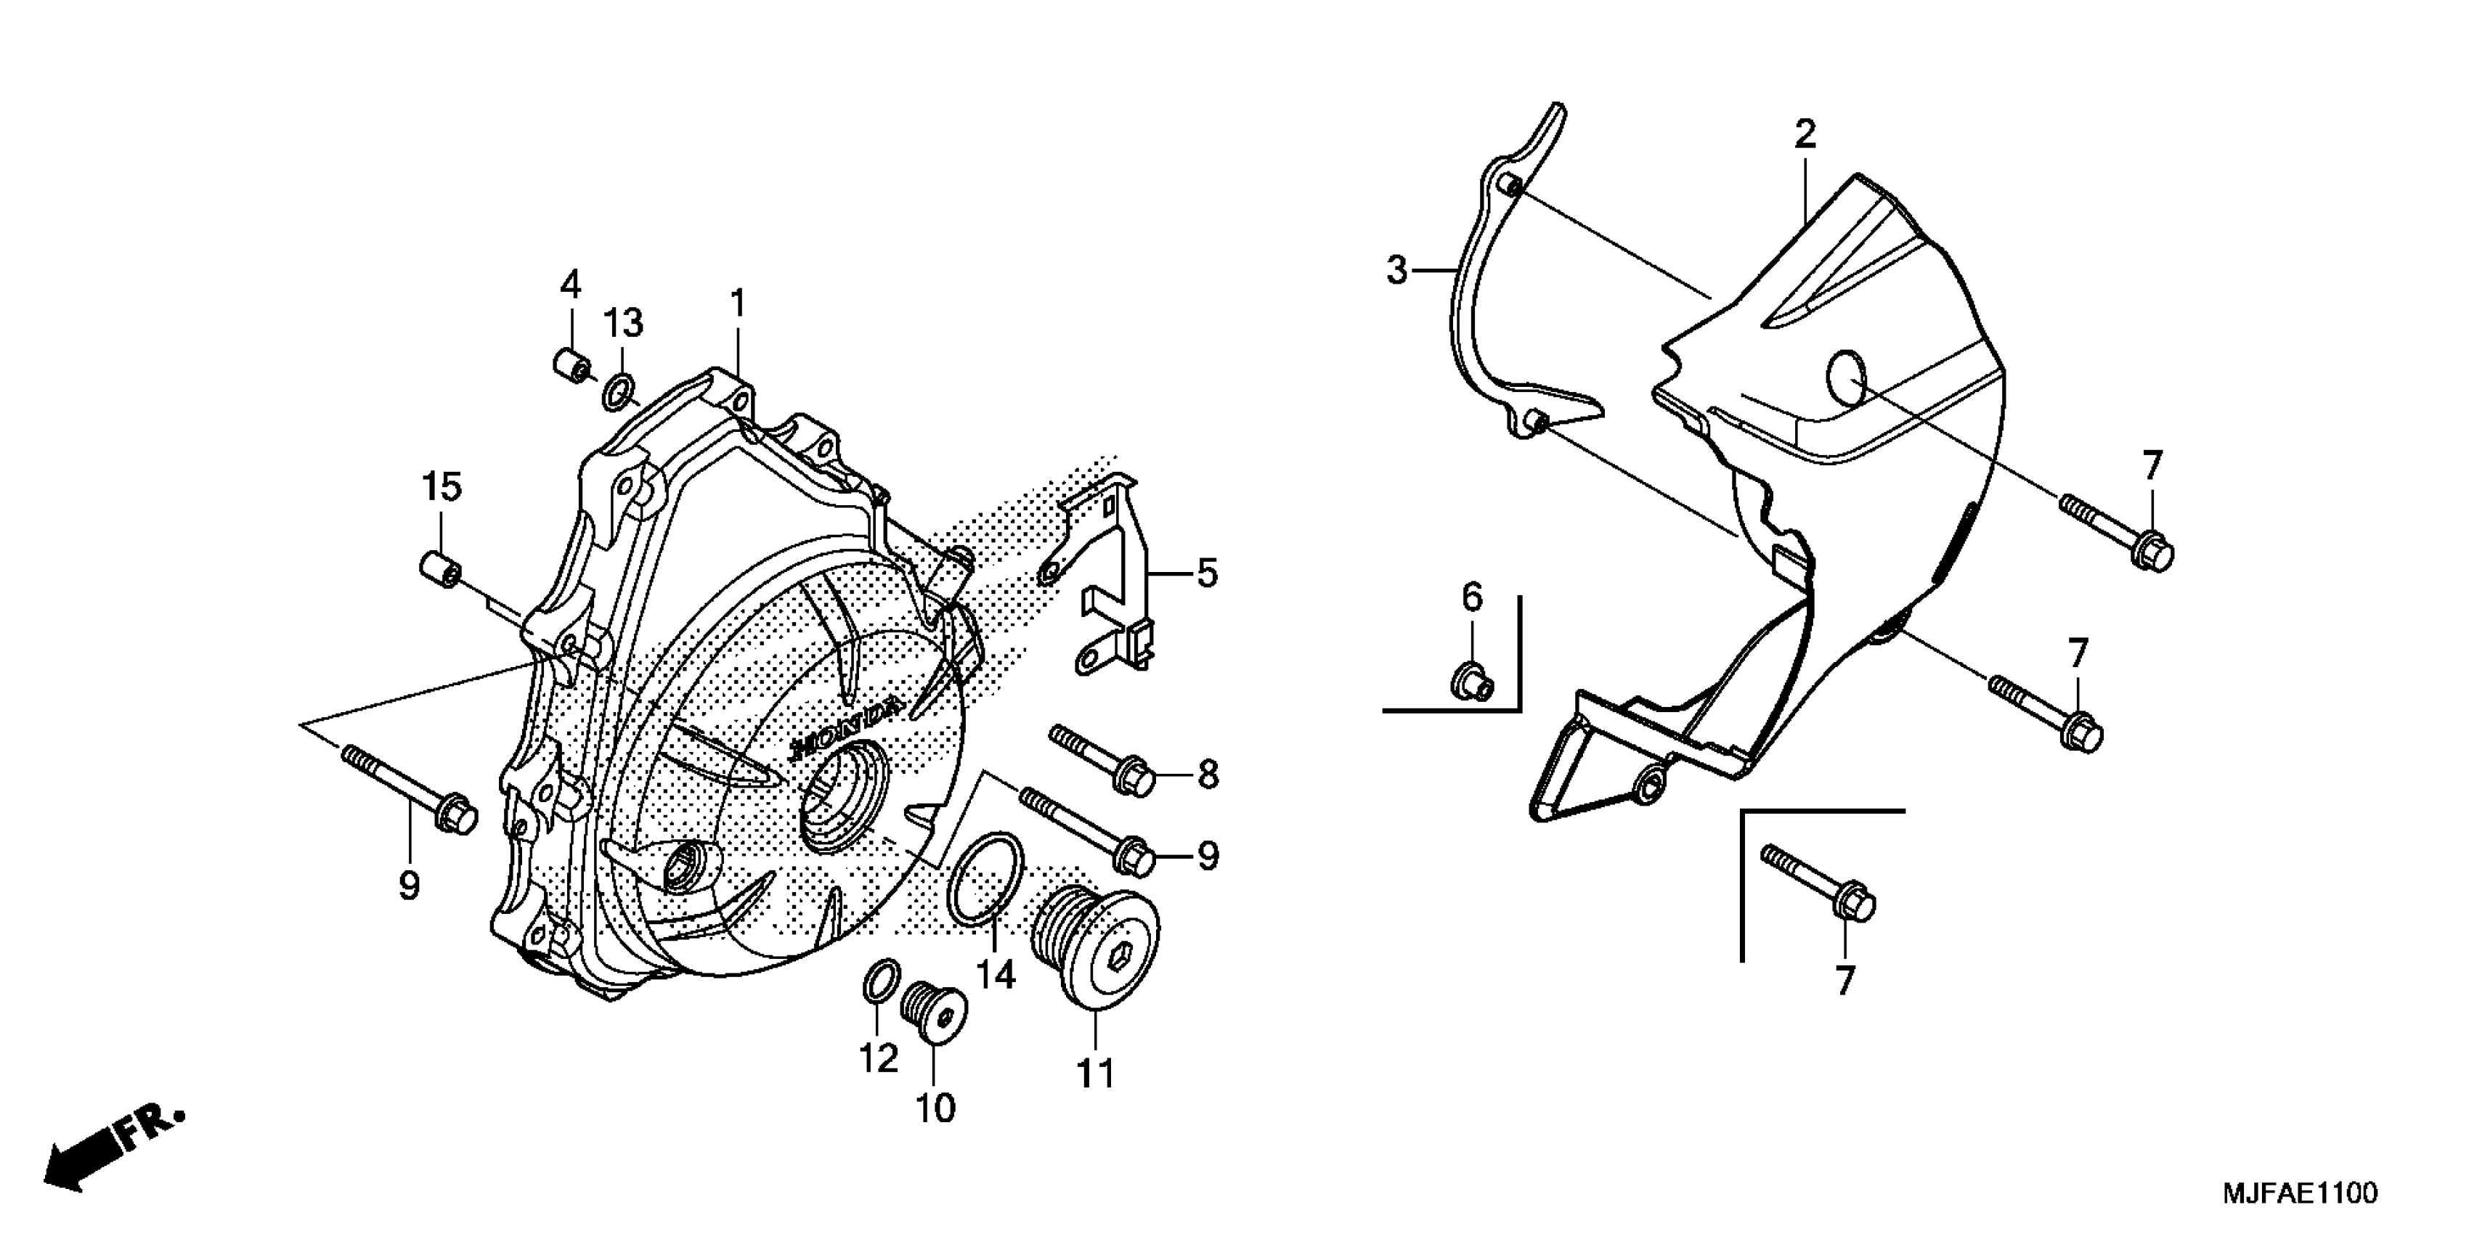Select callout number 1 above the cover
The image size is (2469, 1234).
(x=737, y=305)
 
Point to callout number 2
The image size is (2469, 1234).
(x=1805, y=135)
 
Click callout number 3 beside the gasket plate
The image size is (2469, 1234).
(x=1397, y=271)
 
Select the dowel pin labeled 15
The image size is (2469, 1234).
(x=441, y=567)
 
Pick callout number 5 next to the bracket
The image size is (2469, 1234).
(x=1207, y=574)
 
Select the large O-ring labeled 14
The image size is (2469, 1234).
(x=983, y=880)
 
